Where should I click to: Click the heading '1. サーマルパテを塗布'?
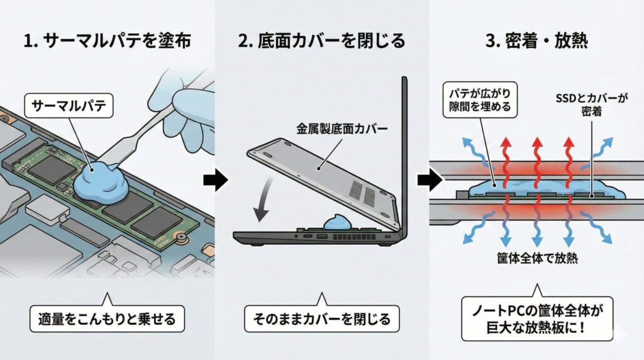[x=106, y=42]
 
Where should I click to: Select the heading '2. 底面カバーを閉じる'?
[x=321, y=42]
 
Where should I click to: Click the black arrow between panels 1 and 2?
[x=214, y=181]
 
